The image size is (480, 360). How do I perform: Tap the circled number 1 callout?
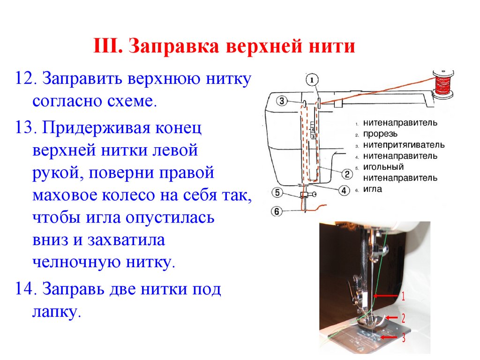click(x=312, y=80)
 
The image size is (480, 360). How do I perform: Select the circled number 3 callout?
click(x=282, y=101)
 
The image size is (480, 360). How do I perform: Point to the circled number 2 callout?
click(x=347, y=174)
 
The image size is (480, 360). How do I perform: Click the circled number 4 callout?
click(x=344, y=191)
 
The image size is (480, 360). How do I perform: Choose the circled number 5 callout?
click(x=277, y=193)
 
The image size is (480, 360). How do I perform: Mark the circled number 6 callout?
click(x=277, y=211)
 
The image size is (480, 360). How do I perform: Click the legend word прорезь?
click(x=380, y=134)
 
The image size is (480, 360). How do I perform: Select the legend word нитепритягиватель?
click(x=404, y=145)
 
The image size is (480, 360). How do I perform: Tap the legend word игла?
click(x=373, y=189)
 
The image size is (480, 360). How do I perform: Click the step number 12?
click(x=24, y=78)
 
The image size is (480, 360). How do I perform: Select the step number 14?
click(x=24, y=289)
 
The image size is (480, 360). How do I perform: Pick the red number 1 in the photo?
click(x=403, y=296)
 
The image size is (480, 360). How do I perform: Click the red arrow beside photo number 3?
click(x=389, y=337)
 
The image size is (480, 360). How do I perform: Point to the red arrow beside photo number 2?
click(x=392, y=318)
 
